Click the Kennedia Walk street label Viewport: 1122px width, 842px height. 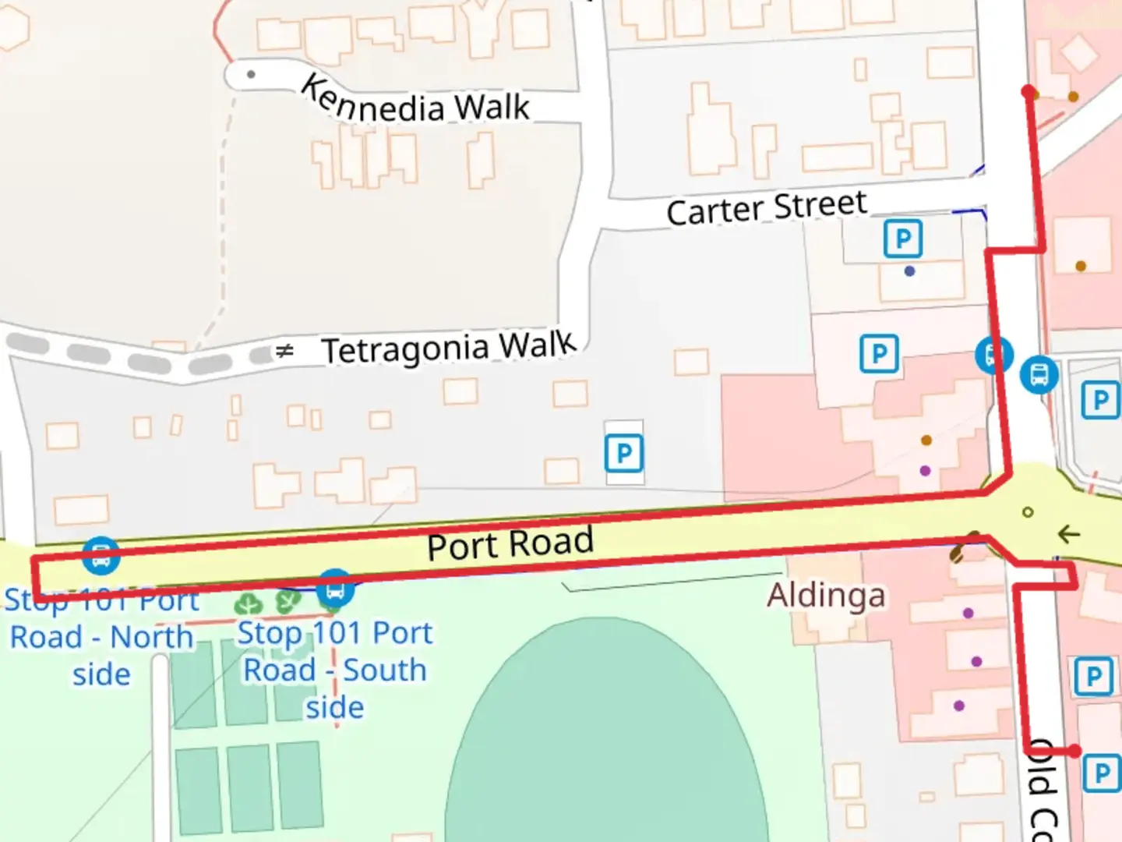(415, 101)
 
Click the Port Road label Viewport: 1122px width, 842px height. (510, 543)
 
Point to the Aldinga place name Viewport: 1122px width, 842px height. (826, 596)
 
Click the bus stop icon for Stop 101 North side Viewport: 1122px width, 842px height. (101, 556)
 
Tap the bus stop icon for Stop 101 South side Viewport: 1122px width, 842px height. (335, 589)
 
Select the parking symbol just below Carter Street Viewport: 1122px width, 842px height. (902, 239)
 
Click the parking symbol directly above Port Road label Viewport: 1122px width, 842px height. (624, 453)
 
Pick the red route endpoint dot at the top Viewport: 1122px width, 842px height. (1028, 92)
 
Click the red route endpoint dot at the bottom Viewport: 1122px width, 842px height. (1074, 751)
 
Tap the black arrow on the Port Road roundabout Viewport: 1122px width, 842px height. (1068, 534)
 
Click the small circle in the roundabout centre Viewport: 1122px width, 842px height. (1028, 512)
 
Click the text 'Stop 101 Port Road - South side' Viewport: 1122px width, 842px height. (334, 670)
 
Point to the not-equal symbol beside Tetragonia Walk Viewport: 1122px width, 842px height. (284, 352)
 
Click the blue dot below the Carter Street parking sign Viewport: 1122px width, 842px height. (909, 271)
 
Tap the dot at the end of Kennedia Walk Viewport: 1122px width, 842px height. (251, 75)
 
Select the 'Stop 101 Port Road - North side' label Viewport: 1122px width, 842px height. (101, 637)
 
